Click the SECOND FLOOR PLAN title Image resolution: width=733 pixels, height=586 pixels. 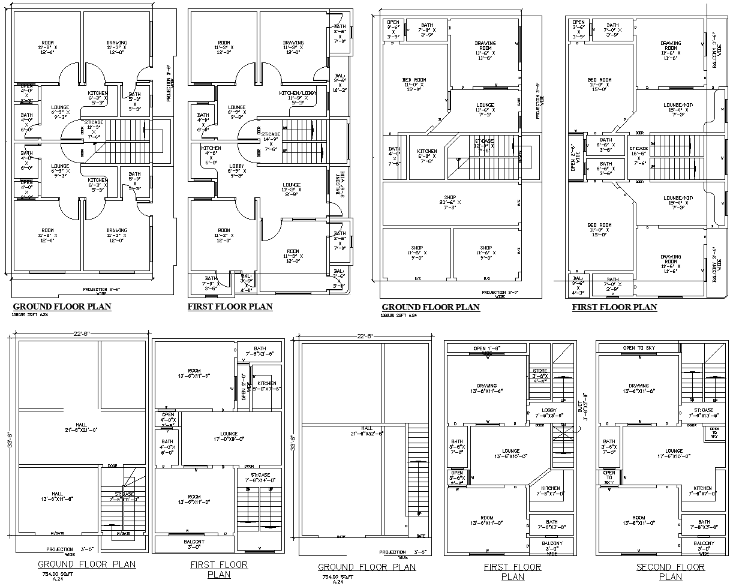670,572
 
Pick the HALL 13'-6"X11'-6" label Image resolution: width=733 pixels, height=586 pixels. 57,495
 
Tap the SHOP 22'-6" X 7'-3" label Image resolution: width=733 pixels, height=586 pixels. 450,202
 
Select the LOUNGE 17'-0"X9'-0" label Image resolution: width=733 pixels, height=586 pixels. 229,437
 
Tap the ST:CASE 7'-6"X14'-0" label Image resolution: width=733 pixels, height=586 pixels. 259,477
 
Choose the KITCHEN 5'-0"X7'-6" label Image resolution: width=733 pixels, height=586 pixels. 267,386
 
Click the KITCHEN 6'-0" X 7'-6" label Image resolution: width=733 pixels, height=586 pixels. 427,155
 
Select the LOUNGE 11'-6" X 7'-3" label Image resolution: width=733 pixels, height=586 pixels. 485,109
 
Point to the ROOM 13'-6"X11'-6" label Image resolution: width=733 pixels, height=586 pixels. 194,374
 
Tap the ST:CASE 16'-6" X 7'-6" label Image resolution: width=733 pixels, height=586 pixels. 638,155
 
